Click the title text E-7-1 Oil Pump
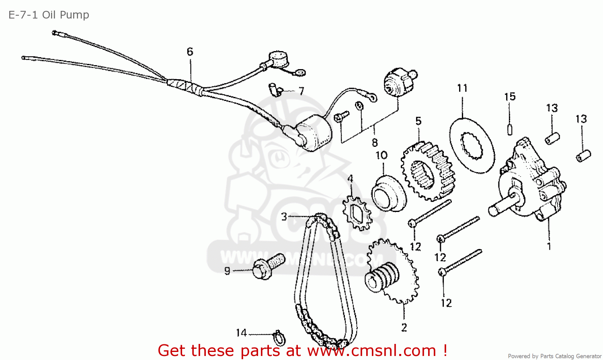click(49, 15)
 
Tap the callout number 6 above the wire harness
click(190, 51)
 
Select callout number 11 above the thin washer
click(462, 88)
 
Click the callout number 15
click(510, 97)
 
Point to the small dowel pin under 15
click(510, 130)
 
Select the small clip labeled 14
click(279, 338)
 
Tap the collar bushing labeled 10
click(389, 193)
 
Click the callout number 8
click(375, 142)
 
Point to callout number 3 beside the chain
click(284, 217)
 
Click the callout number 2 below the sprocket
click(404, 327)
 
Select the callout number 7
click(301, 91)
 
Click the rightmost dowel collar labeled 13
click(583, 156)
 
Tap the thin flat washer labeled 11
click(472, 146)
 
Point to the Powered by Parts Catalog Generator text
click(554, 356)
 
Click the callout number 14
click(241, 333)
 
